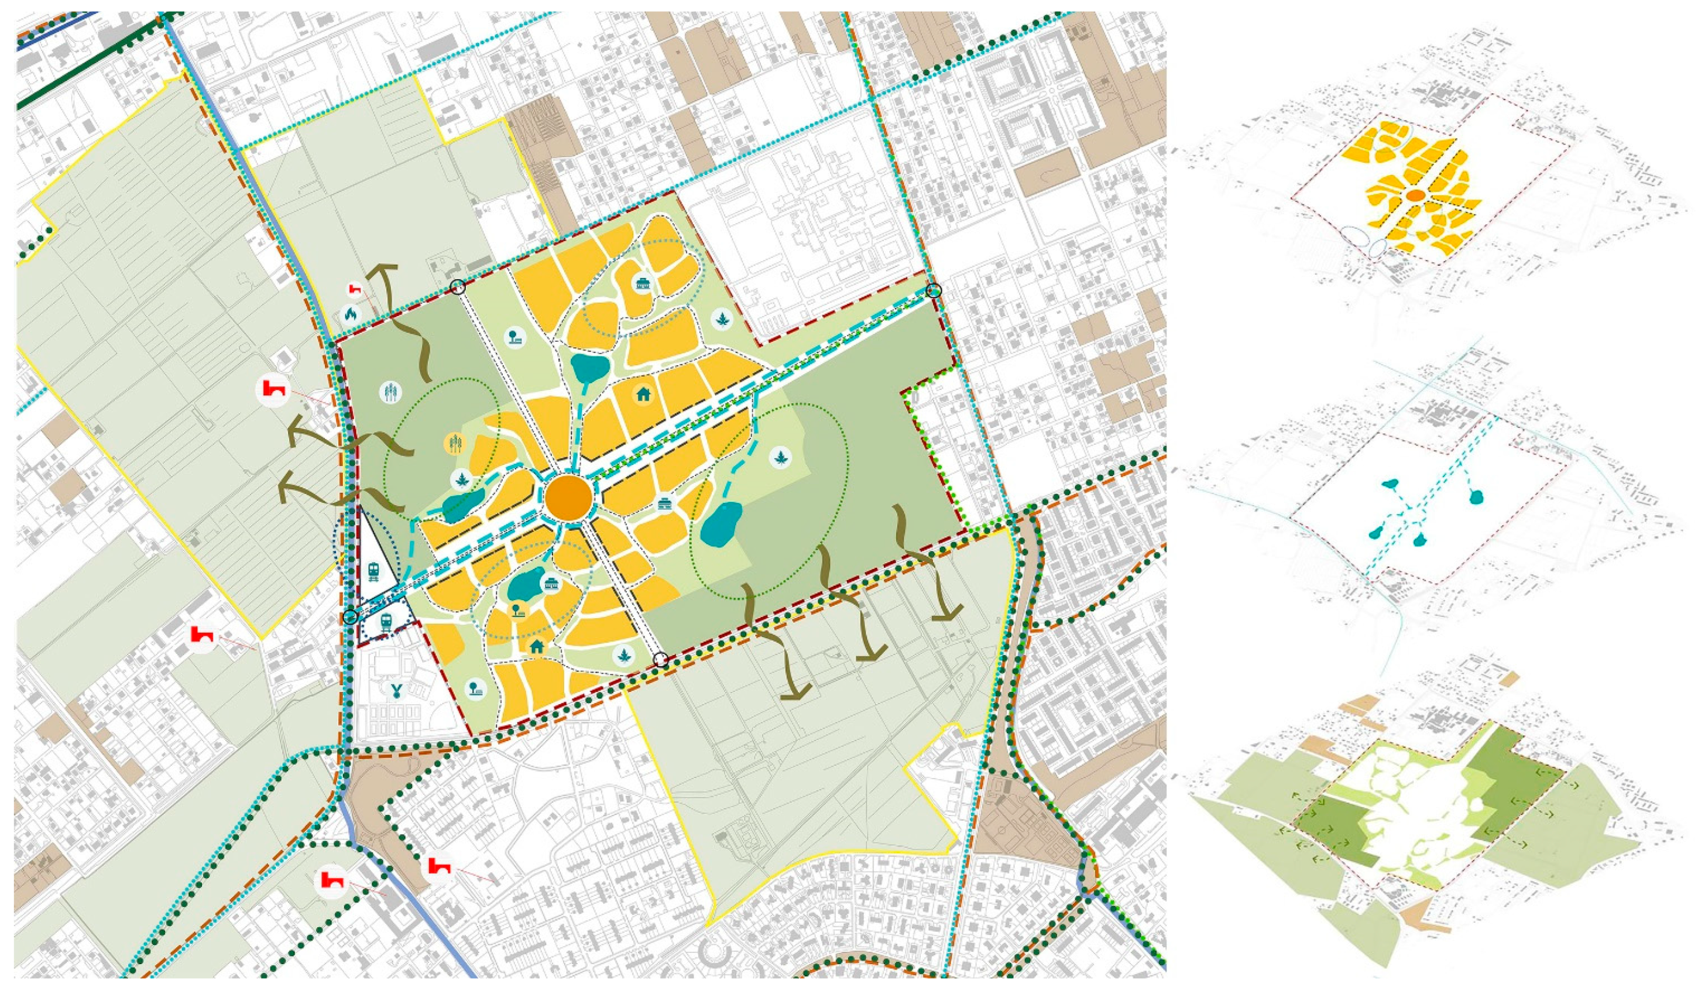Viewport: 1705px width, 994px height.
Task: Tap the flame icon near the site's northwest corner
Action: [351, 313]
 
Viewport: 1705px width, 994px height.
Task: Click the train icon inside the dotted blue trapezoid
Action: [386, 622]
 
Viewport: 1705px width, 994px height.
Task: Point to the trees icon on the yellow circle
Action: [455, 444]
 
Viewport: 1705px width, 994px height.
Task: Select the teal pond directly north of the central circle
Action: [589, 369]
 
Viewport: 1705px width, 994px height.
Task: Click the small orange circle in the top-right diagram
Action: [1414, 195]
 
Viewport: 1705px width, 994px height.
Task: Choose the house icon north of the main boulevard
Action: [642, 393]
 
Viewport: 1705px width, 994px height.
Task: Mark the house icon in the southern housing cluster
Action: [537, 646]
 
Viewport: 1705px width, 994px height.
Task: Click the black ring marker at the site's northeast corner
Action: [934, 291]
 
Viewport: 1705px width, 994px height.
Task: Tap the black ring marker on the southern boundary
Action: [661, 660]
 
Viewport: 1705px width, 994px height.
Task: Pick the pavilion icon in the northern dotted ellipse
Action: [641, 284]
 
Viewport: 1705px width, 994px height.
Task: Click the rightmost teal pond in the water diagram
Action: [1476, 498]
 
